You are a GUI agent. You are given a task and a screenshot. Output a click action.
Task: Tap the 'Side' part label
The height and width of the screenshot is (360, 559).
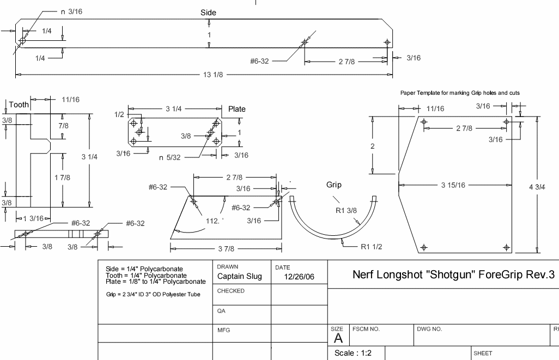(208, 13)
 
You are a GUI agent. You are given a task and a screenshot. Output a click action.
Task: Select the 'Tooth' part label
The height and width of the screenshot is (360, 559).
(19, 105)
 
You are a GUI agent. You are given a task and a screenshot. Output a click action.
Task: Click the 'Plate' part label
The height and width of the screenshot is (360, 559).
(237, 109)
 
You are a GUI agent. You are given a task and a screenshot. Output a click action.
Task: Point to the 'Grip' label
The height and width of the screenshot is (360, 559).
(334, 185)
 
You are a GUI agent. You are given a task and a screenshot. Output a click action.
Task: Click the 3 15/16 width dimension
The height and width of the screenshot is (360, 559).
(453, 185)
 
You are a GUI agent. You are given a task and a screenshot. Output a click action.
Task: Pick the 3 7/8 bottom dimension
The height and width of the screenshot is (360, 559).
(226, 249)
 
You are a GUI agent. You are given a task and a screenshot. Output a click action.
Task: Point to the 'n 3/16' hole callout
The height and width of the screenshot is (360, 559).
(71, 11)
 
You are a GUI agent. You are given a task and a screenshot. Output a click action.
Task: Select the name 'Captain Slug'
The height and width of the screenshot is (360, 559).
(239, 276)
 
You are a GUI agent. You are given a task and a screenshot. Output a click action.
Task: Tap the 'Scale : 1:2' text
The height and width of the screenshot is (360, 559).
(353, 353)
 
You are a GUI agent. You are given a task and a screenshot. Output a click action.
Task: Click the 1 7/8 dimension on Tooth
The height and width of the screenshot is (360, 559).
(63, 177)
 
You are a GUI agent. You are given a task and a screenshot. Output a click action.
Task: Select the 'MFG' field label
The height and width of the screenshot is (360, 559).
(224, 330)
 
